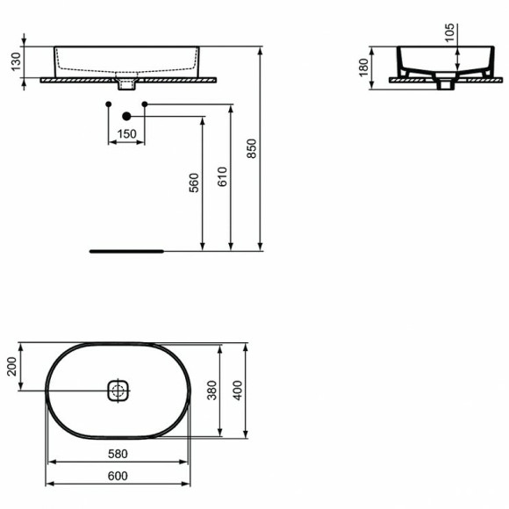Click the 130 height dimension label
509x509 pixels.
[x=12, y=62]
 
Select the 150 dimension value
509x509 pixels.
[x=126, y=134]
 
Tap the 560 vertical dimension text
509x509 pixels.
[x=194, y=183]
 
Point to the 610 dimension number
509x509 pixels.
[x=221, y=177]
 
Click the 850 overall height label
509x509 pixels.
[x=253, y=151]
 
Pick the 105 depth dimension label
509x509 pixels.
[x=449, y=32]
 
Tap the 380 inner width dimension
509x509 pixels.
[x=211, y=389]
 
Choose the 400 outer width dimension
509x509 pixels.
[x=236, y=389]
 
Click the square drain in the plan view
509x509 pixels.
[x=118, y=390]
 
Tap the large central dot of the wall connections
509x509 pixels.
[x=126, y=116]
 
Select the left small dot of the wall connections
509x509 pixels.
[x=108, y=104]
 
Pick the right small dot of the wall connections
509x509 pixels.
[x=145, y=104]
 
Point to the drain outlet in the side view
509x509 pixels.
[x=445, y=84]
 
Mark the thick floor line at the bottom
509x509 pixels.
[x=126, y=250]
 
